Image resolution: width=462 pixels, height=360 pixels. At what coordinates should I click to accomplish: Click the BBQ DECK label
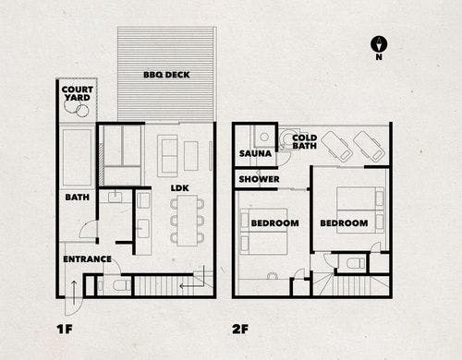coord(166,75)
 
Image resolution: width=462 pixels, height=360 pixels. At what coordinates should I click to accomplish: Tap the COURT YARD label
coord(77,93)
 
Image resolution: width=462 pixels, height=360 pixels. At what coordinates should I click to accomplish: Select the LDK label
coord(180,188)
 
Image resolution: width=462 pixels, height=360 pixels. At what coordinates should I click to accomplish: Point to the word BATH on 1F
coord(77,197)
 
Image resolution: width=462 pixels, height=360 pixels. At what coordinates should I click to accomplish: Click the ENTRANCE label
coord(87,259)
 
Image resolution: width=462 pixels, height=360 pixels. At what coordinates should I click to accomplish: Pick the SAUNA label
coord(255,153)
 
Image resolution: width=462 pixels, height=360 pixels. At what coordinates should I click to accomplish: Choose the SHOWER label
coord(259,179)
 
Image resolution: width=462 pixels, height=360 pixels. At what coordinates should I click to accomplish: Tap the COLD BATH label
coord(304,142)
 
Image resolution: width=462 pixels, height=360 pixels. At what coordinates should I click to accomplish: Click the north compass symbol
coord(379,44)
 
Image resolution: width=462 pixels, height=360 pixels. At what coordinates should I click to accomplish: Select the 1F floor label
coord(65,329)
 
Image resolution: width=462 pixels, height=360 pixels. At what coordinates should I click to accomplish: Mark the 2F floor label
coord(240,329)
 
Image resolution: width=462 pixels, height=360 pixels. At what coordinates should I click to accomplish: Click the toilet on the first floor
coord(119,286)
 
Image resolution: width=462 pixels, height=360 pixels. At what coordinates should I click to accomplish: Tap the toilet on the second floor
coord(354,264)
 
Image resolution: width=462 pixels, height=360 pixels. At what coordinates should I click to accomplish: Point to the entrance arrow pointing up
coord(74,293)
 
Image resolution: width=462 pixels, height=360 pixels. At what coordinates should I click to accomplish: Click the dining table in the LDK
coord(187,221)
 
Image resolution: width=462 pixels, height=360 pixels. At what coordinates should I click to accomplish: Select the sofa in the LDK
coord(167,156)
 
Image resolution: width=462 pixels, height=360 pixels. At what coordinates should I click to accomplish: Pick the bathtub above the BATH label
coord(77,157)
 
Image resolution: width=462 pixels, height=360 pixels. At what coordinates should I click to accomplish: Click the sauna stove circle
coord(264,137)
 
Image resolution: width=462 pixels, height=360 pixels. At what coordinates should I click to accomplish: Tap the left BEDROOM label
coord(274,223)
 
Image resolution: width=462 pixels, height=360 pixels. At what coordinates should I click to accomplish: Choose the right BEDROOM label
coord(344,223)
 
